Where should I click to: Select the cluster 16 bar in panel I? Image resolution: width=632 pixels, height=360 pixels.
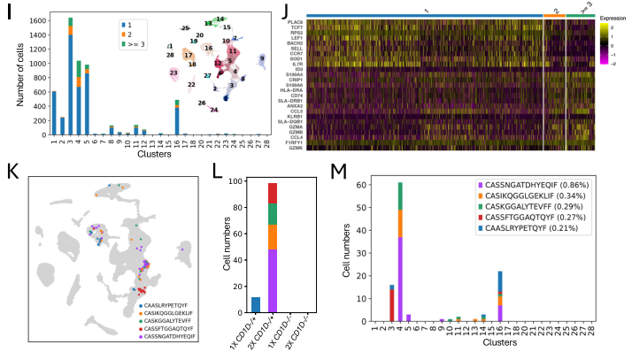pos(177,121)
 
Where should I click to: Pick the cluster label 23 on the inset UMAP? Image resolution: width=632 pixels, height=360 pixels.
pos(174,73)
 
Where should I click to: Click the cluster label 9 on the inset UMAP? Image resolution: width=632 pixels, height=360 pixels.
pos(262,58)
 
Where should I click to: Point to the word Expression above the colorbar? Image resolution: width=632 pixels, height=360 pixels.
pos(612,17)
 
